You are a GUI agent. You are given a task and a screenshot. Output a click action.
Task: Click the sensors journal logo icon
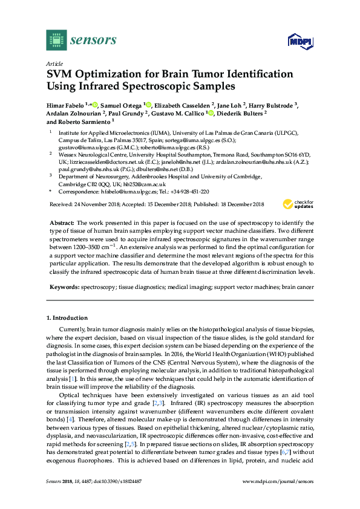coord(56,40)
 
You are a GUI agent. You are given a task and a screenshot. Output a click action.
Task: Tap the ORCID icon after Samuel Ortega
coord(149,104)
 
